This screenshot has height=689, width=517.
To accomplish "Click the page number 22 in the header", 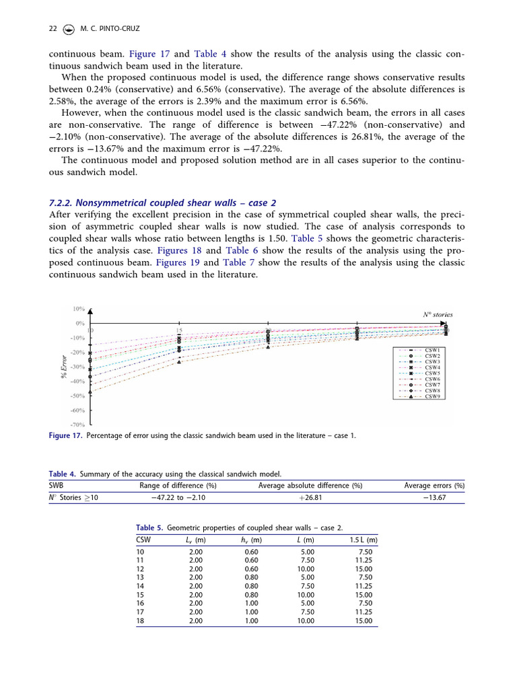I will pos(53,29).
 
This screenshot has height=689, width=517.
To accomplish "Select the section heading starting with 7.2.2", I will pos(162,203).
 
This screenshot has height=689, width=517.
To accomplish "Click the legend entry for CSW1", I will pos(432,351).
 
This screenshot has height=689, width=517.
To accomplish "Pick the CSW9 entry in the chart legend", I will pos(432,396).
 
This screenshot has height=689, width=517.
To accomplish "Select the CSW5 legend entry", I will pos(432,373).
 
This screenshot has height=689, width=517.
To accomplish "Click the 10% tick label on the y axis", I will pos(78,309).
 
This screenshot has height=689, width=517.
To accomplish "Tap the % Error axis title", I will pos(65,366).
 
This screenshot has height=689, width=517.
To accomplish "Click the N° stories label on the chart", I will pos(438,314).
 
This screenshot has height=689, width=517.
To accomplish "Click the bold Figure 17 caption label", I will pos(65,436).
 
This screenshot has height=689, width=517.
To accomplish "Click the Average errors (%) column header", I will pos(434,485).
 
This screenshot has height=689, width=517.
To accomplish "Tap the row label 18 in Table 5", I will pos(140,621).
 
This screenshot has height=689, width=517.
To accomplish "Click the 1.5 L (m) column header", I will pos(363,540).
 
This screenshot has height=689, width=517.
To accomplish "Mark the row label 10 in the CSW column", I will pos(140,552).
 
